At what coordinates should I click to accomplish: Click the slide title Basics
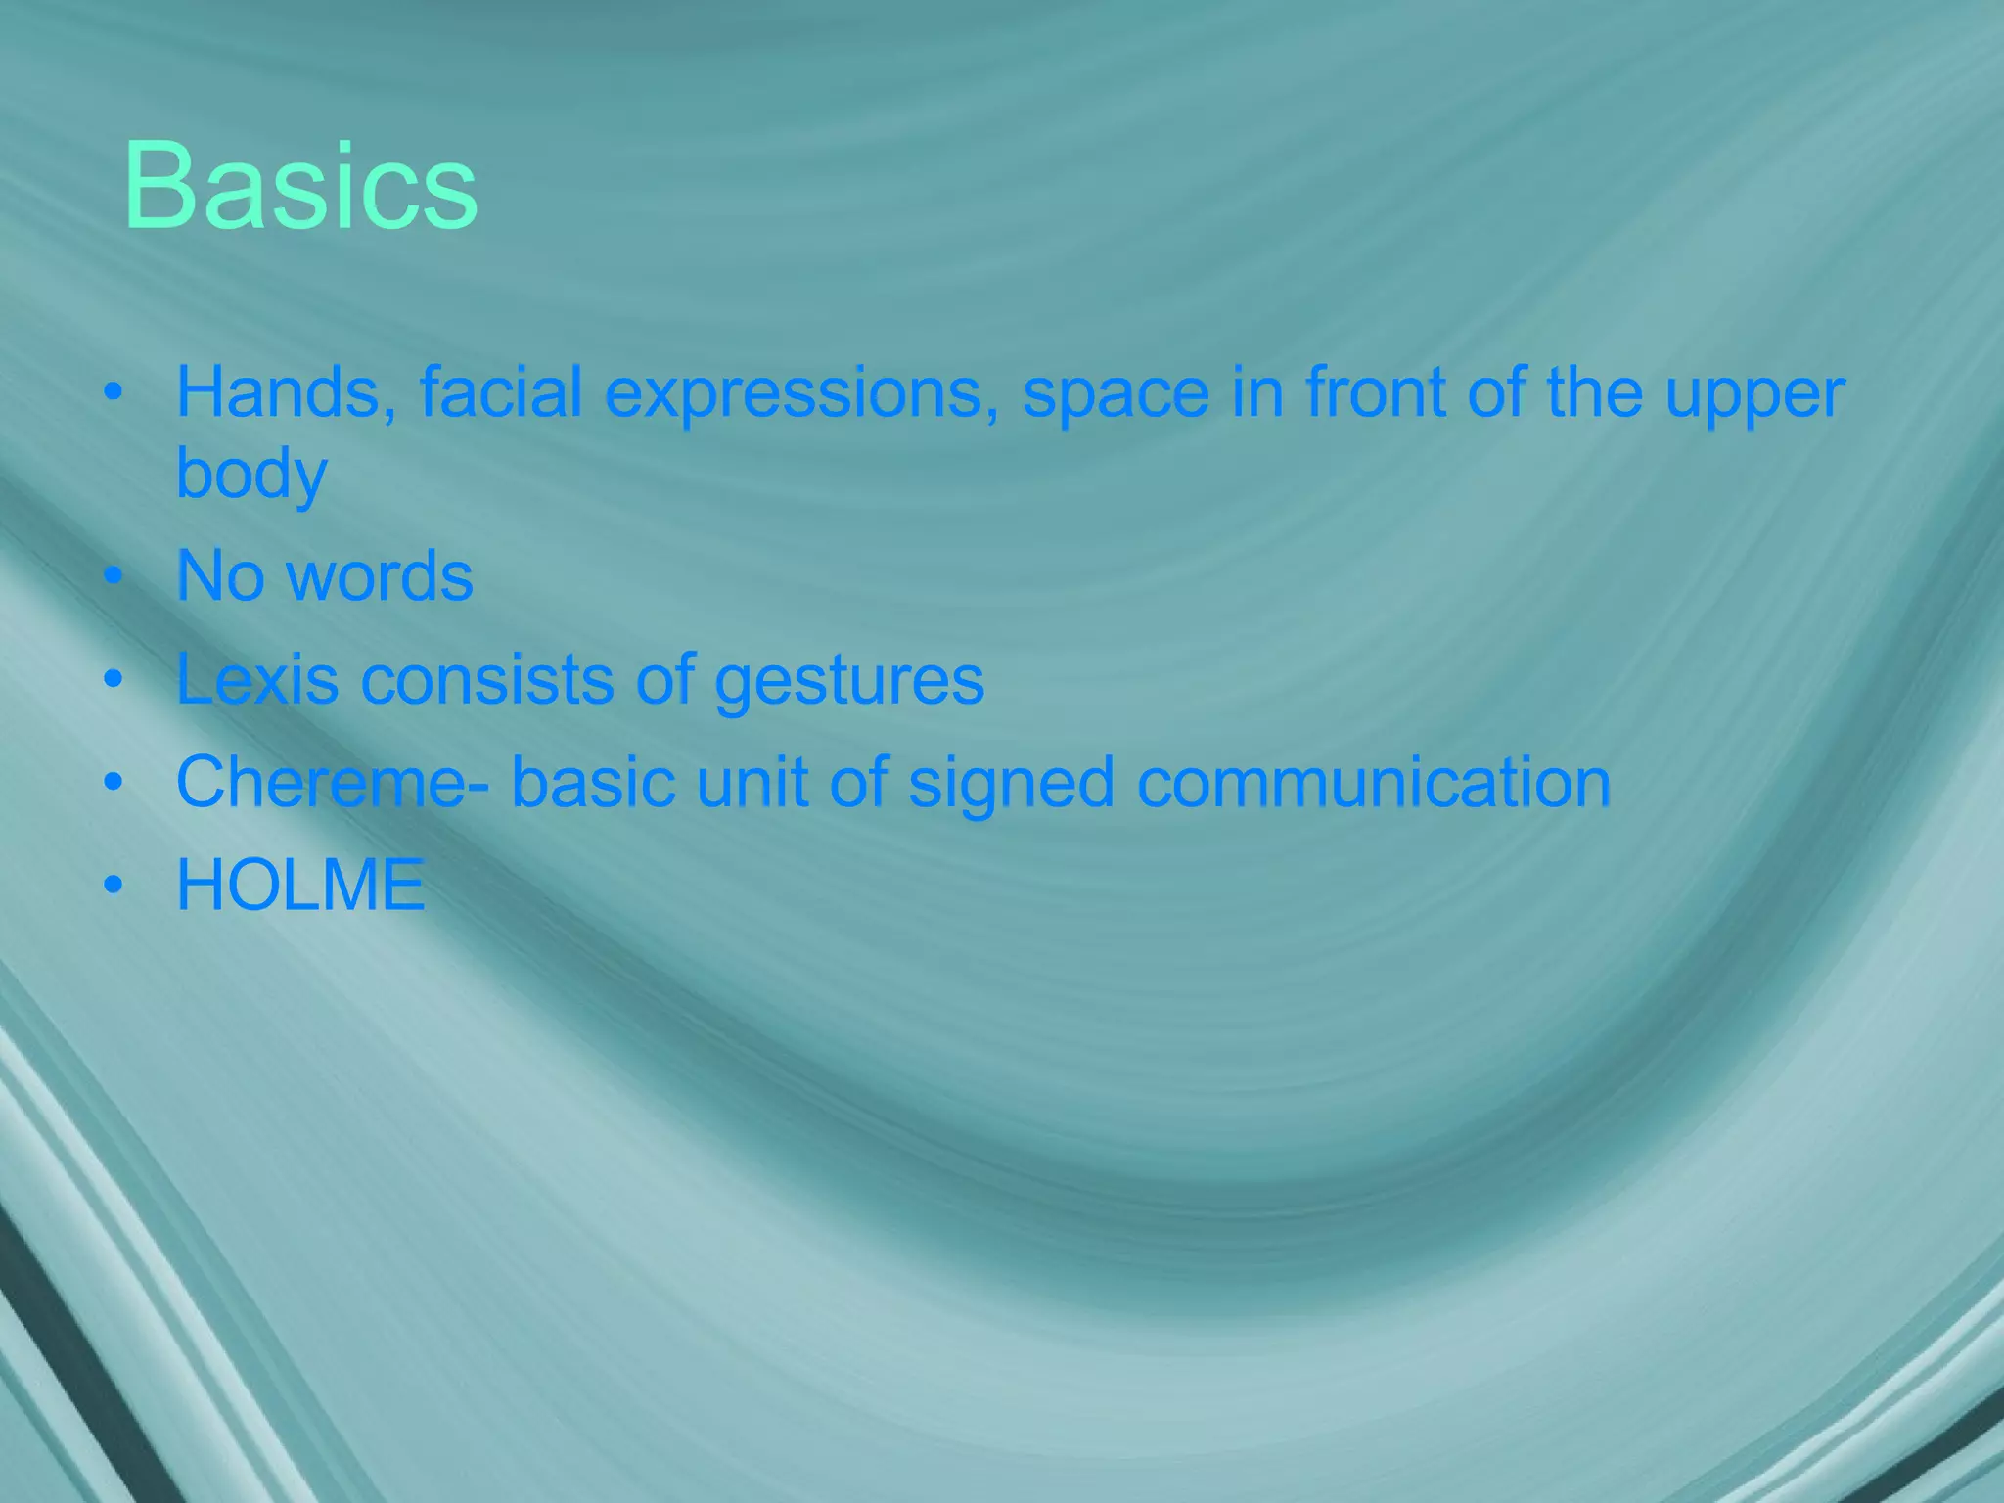(x=300, y=186)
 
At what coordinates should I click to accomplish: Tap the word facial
(x=501, y=392)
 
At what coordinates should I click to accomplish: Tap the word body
(x=251, y=475)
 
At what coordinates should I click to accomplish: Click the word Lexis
(x=257, y=679)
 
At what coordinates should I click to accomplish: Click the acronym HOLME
(x=300, y=886)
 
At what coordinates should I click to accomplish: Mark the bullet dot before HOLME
(x=114, y=886)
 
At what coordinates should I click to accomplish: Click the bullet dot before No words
(x=114, y=576)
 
